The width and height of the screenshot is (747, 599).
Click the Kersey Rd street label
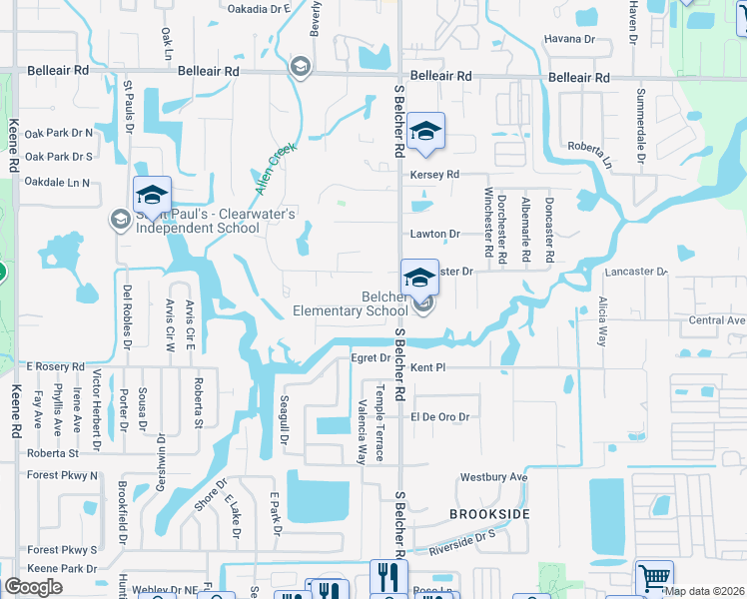point(434,175)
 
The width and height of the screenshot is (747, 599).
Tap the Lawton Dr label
point(434,235)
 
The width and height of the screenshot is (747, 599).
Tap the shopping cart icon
point(654,578)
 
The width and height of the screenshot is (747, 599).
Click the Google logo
point(34,586)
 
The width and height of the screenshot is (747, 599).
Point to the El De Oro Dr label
point(439,416)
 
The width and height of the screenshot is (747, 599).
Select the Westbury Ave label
point(492,477)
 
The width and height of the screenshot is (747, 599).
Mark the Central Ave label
point(717,320)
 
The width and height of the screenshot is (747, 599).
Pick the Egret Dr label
point(371,357)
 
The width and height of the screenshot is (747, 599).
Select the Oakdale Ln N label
point(58,183)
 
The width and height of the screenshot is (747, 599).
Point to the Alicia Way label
point(601,320)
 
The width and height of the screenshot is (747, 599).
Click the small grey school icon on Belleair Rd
point(299,67)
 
